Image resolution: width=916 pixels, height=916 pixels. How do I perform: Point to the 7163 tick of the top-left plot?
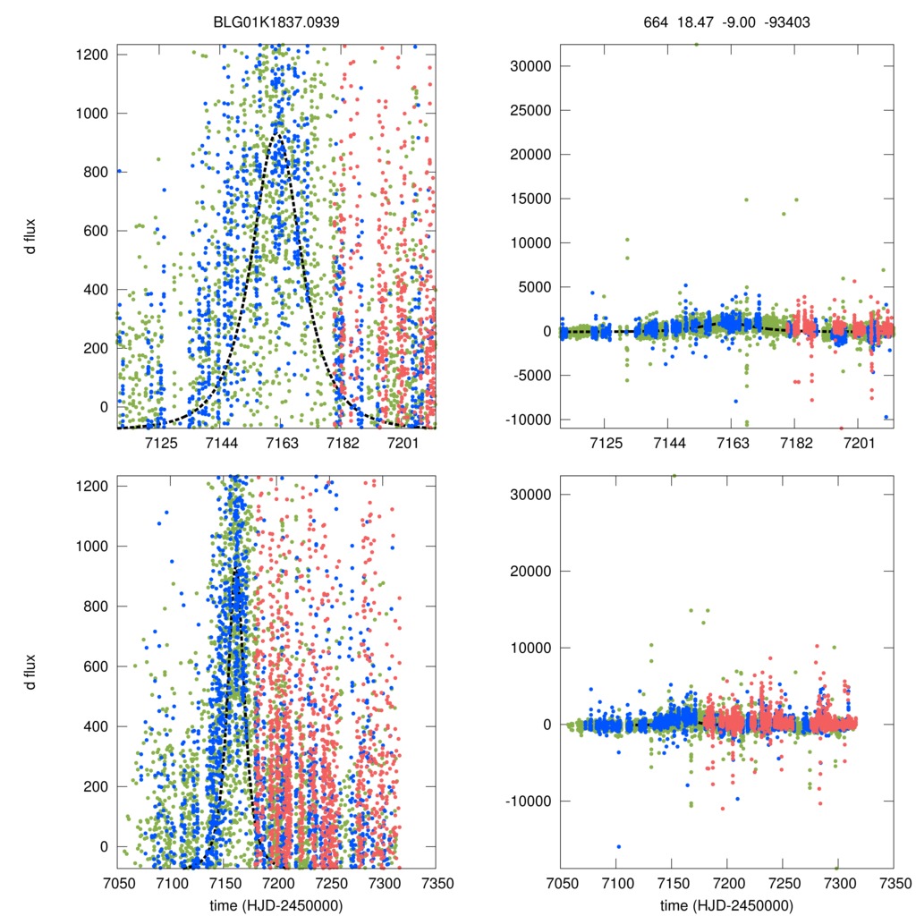tap(281, 444)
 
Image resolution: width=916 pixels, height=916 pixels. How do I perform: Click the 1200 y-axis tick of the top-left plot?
tap(92, 55)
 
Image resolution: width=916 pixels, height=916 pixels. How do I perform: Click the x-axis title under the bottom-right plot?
tap(726, 904)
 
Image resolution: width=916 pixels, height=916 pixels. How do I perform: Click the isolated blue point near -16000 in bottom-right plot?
tap(618, 846)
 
